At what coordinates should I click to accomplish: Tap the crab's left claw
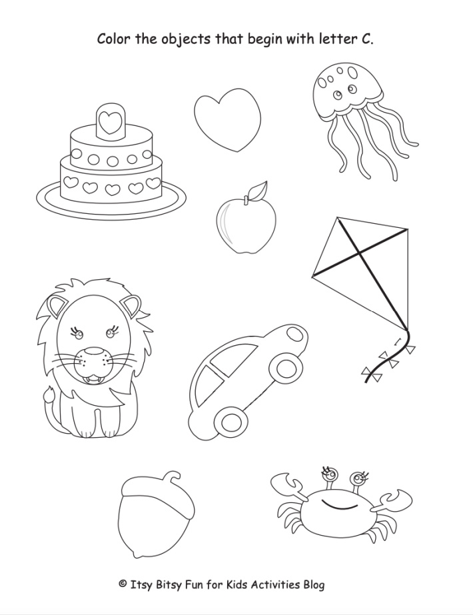coord(288,482)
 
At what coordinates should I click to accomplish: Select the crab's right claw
coord(396,500)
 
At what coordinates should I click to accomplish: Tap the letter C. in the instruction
coord(367,39)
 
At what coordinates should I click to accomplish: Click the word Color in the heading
coord(114,39)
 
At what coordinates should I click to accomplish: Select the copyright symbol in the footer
coord(122,584)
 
